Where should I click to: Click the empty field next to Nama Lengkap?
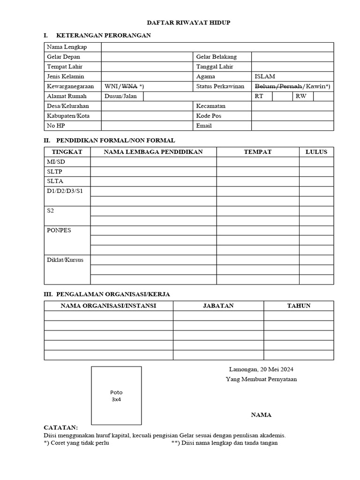[x=217, y=47]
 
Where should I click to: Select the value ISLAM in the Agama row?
[x=265, y=76]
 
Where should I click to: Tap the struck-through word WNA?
[x=129, y=86]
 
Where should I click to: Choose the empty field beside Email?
[x=292, y=126]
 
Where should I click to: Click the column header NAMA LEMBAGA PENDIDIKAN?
[x=153, y=152]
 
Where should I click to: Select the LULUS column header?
[x=316, y=152]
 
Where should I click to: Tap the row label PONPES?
[x=59, y=230]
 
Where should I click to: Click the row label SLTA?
[x=55, y=181]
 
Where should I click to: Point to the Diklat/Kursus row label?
[x=65, y=260]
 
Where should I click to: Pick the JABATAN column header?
[x=218, y=306]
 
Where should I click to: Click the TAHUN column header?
[x=299, y=306]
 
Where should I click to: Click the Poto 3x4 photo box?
[x=116, y=396]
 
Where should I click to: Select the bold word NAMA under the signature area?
[x=261, y=415]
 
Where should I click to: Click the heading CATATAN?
[x=61, y=427]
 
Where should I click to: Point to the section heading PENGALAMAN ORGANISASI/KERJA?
[x=113, y=294]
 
